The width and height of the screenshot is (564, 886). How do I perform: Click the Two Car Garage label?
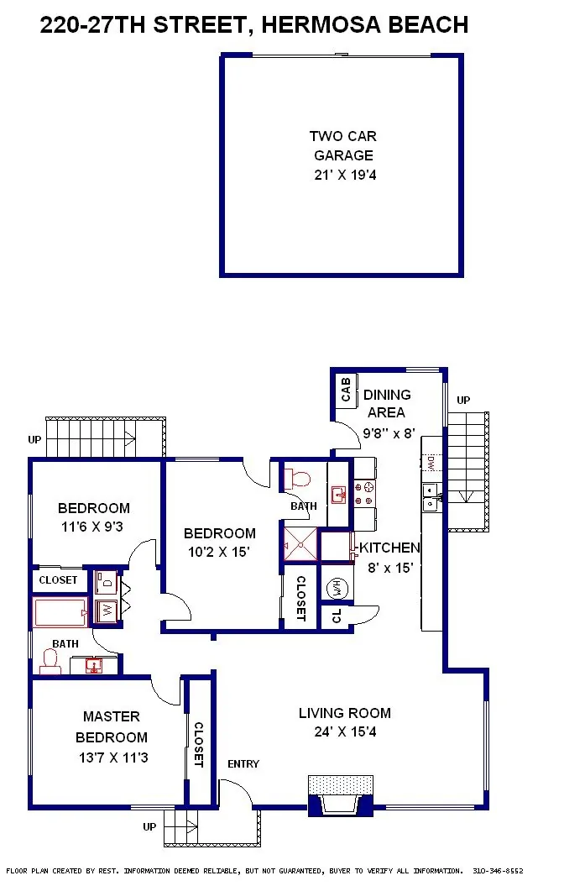click(x=343, y=145)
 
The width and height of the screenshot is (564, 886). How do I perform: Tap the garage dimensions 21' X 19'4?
click(x=345, y=175)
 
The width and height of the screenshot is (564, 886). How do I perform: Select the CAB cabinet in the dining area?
click(x=346, y=390)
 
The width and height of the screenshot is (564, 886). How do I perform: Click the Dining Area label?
click(x=387, y=403)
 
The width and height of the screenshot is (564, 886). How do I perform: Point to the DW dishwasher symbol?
click(x=431, y=463)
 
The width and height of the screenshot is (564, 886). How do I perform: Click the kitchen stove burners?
click(x=364, y=493)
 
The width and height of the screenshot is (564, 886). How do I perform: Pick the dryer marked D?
click(x=107, y=581)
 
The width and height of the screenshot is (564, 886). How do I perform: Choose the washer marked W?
click(x=107, y=611)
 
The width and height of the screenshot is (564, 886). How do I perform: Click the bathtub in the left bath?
click(x=60, y=612)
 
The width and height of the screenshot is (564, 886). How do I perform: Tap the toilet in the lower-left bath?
click(x=50, y=662)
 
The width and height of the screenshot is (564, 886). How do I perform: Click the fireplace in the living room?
click(x=341, y=796)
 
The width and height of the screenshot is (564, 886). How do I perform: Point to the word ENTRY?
click(x=243, y=764)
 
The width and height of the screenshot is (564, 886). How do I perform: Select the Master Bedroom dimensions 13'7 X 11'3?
click(x=113, y=758)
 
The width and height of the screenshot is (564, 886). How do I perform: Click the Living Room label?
click(x=345, y=713)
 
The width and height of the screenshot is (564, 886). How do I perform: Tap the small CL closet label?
click(x=337, y=616)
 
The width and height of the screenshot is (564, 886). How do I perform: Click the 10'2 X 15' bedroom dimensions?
click(x=219, y=552)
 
